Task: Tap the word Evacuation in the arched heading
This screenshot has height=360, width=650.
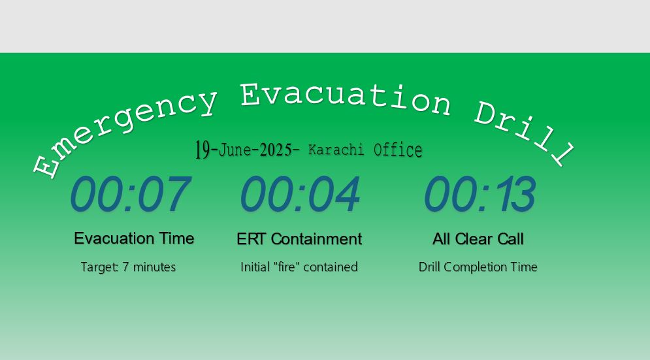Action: tap(346, 97)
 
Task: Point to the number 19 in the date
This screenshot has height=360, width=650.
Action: tap(202, 149)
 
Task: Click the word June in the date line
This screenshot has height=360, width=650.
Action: tap(235, 150)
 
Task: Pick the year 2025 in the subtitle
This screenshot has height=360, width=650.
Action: tap(276, 150)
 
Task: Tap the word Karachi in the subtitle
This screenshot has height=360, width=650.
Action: tap(336, 150)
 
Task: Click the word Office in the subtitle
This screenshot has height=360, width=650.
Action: tap(398, 150)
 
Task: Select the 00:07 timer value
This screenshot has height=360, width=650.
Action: tap(131, 193)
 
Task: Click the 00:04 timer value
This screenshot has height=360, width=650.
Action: tap(300, 193)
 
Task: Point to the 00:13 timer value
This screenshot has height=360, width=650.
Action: tap(480, 193)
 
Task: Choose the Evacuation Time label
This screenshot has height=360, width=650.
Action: tap(134, 238)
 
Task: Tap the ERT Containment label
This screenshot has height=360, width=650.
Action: tap(299, 239)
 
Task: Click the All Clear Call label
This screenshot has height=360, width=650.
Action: tap(478, 239)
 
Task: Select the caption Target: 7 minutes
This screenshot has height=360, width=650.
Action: tap(128, 267)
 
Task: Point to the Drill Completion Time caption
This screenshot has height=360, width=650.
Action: tap(478, 267)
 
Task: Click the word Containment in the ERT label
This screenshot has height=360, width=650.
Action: tap(316, 239)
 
